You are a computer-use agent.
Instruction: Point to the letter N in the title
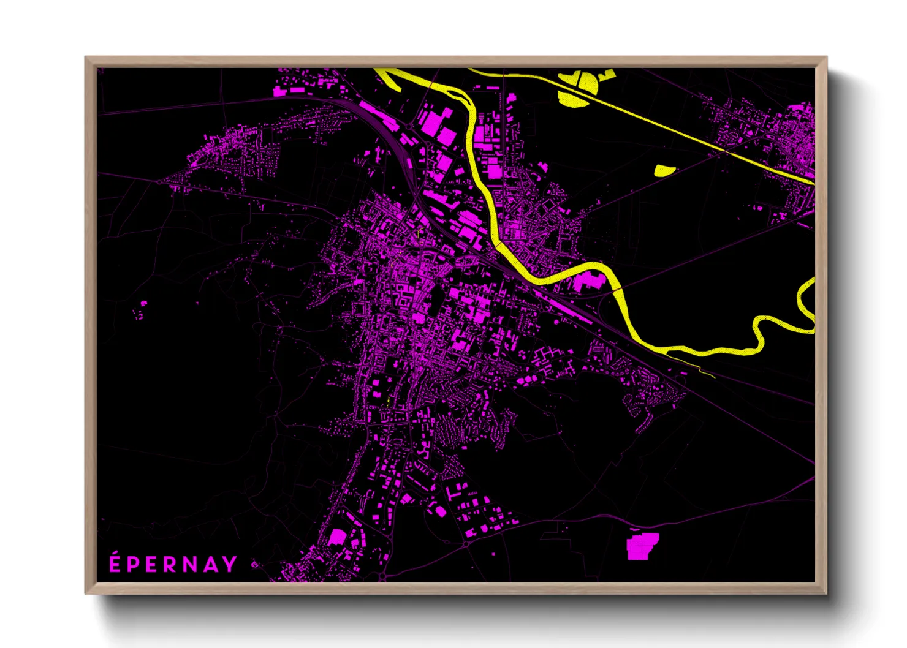190,565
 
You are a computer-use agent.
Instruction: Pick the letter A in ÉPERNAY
210,565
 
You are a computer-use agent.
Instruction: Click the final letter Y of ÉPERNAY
229,565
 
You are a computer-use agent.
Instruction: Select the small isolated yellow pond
664,170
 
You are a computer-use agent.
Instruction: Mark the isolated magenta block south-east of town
642,546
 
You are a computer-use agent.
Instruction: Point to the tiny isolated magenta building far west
144,303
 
